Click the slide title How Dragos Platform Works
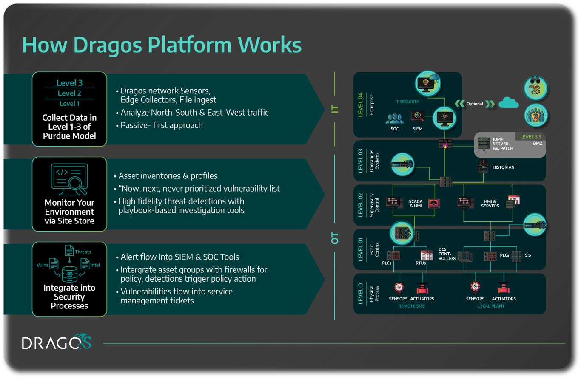pos(162,45)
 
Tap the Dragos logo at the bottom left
pos(57,342)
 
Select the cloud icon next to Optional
pos(509,103)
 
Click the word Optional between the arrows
pos(475,104)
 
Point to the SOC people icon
pos(395,118)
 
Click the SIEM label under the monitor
pos(418,129)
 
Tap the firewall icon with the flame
pos(445,144)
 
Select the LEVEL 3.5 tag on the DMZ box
pos(530,137)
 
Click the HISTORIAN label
pos(503,167)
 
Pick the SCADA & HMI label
pos(416,204)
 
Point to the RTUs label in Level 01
pos(421,263)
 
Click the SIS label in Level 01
pos(528,255)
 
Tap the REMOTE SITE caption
pos(411,306)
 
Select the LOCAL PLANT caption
pos(491,306)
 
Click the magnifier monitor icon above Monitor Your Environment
pos(69,177)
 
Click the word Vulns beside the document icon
pos(42,265)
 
